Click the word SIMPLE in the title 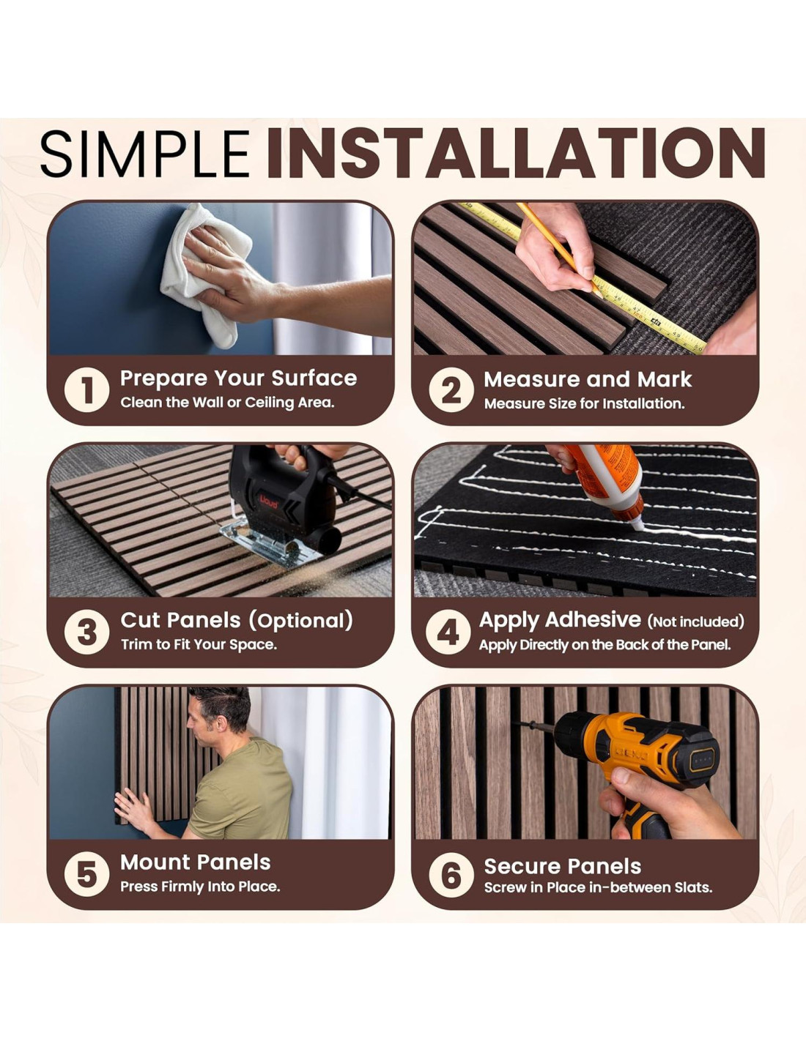tap(145, 154)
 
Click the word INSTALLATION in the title tap(515, 154)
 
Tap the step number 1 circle tap(86, 390)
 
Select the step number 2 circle tap(451, 390)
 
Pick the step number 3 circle tap(86, 633)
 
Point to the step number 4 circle tap(448, 633)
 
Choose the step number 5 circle tap(86, 875)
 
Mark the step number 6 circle tap(451, 875)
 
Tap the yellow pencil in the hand tap(558, 249)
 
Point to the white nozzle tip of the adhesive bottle tap(638, 525)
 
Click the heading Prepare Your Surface tap(238, 378)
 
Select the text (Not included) tap(695, 622)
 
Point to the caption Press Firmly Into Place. tap(200, 887)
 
